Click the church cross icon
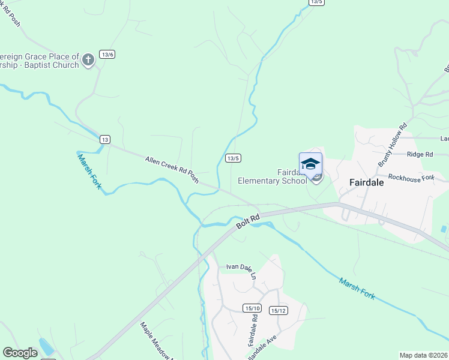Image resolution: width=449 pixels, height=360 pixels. pos(88,59)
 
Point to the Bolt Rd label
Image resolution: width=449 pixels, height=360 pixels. pos(248,220)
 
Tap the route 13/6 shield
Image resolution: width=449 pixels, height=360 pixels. pos(107,55)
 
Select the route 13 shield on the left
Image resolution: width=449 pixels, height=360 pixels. pos(105,139)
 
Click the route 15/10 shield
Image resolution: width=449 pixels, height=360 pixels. pos(252,308)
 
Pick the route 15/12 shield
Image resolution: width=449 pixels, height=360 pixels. pos(279,310)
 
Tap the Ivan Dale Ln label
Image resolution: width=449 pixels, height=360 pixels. pos(241,267)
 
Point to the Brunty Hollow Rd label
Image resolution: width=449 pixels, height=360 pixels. pos(393,145)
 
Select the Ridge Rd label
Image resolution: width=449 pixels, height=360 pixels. pos(420,154)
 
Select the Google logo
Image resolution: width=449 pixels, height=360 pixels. pos(20,353)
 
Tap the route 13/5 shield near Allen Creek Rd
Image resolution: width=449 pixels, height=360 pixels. pos(234,158)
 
